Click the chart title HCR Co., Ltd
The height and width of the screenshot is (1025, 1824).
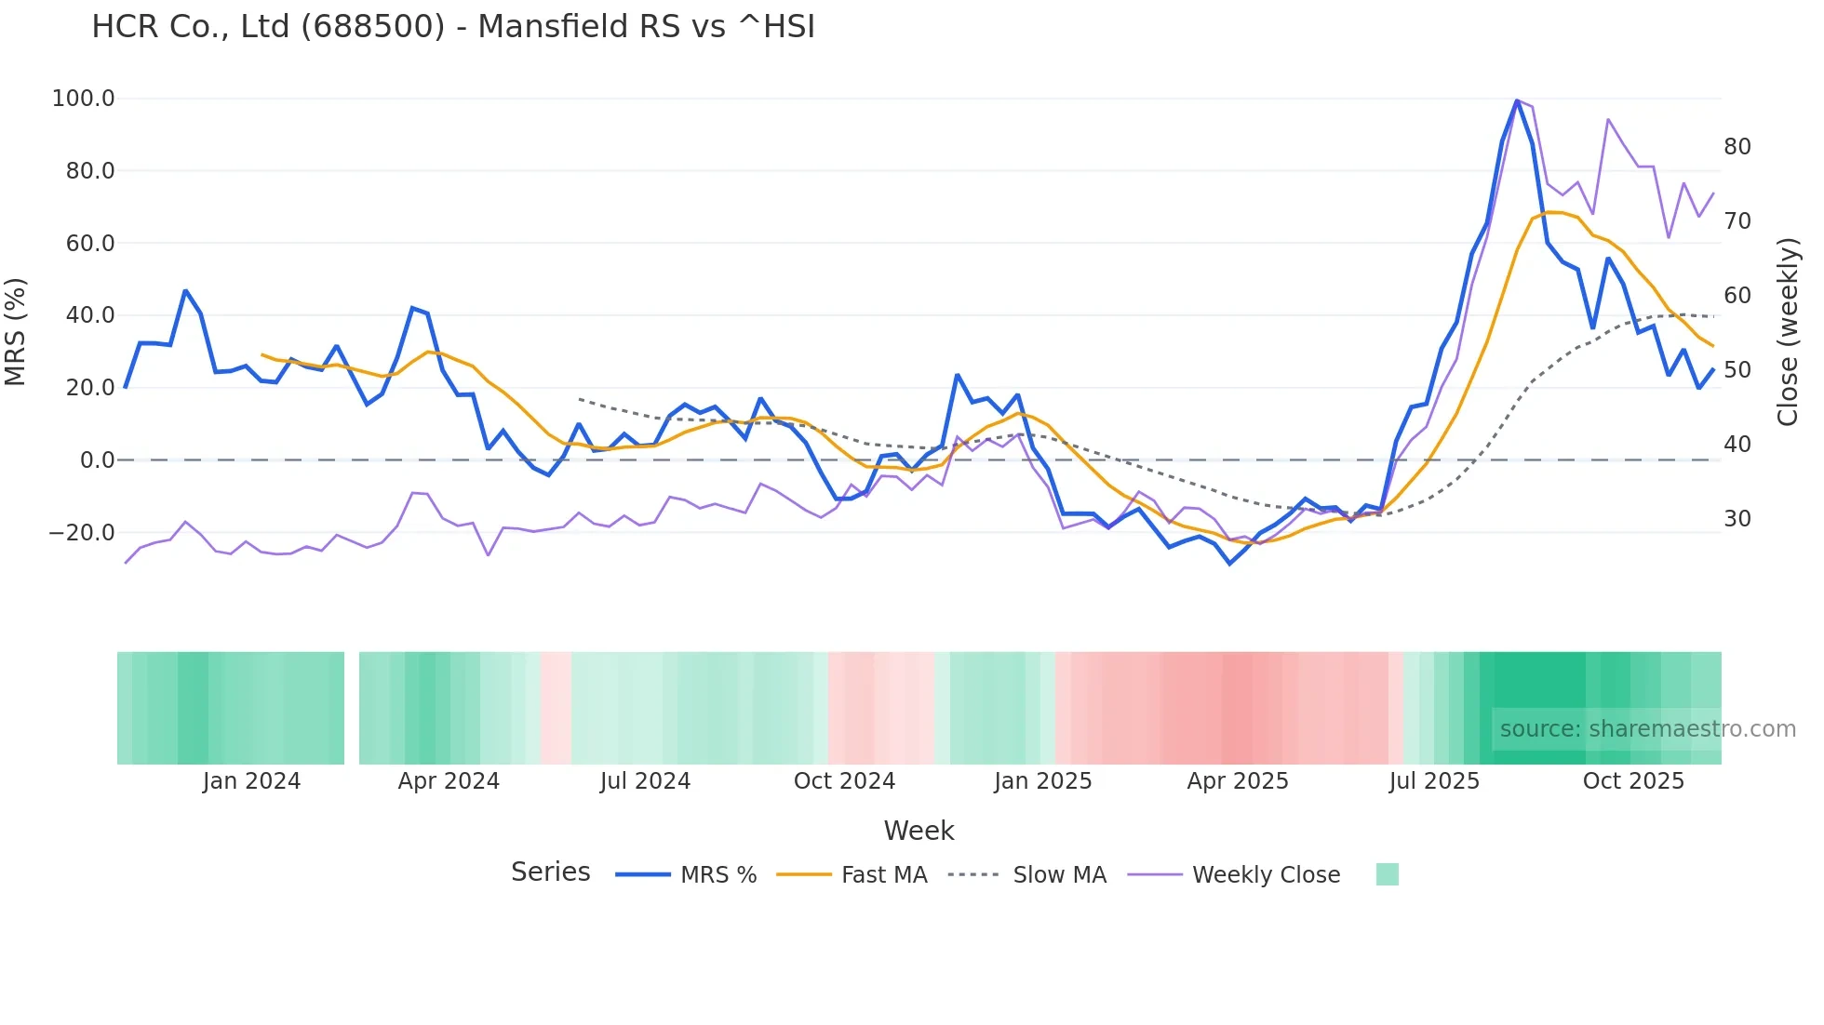coord(452,27)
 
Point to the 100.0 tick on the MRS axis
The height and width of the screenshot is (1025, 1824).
coord(84,99)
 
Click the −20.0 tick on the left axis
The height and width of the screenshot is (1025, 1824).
coord(82,533)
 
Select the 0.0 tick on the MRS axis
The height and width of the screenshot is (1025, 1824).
coord(97,460)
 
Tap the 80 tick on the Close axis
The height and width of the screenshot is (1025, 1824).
coord(1737,147)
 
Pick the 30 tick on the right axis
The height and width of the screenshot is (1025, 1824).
coord(1737,519)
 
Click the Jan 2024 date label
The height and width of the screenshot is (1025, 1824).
coord(251,781)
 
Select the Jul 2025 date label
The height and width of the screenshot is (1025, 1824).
coord(1434,781)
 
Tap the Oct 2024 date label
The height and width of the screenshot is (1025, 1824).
coord(844,781)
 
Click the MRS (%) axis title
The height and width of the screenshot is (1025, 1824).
coord(16,331)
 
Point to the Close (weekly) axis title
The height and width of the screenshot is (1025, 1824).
coord(1787,331)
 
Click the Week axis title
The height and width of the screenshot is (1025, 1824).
coord(919,831)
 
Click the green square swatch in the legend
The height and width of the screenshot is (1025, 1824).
coord(1387,874)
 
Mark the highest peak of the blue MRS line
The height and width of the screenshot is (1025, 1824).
coord(1517,100)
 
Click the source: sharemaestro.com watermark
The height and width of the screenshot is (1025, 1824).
coord(1647,729)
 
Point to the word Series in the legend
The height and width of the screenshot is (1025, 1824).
coord(550,872)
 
